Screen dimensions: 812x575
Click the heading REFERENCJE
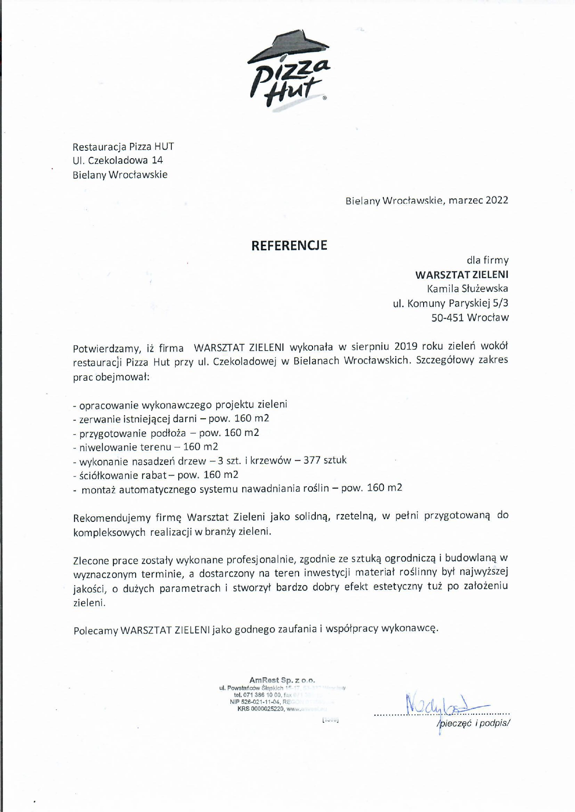289,245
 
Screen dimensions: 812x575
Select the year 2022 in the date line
497,200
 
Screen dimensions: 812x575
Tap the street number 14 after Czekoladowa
157,161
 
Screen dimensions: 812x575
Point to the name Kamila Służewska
468,289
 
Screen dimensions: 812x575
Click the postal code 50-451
448,318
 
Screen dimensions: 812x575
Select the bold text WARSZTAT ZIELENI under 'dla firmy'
462,275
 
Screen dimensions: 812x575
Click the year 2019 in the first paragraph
406,346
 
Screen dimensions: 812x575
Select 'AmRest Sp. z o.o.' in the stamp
282,680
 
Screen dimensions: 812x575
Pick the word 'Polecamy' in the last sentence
95,630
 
